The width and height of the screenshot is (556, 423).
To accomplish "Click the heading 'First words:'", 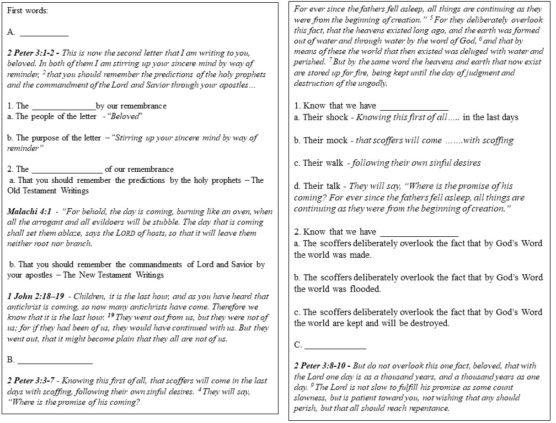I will [26, 10].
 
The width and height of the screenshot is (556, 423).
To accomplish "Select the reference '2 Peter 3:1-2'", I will [33, 53].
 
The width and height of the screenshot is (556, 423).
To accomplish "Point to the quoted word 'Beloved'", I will [126, 116].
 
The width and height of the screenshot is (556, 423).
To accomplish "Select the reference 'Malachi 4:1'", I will [29, 211].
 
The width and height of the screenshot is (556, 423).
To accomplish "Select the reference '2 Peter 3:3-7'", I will [33, 381].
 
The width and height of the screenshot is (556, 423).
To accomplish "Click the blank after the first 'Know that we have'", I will [414, 107].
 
